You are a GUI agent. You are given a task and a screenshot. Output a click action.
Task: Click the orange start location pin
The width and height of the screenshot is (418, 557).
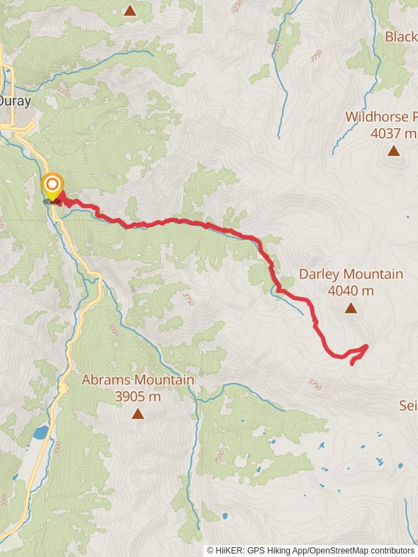[x=52, y=185]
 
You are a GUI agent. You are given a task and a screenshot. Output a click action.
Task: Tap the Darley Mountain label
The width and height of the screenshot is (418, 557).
[x=351, y=274]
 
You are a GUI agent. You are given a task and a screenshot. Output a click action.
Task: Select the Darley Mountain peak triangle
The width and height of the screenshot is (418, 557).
[x=351, y=308]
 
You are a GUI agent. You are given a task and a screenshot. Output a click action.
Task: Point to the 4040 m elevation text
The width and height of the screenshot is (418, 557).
[x=351, y=290]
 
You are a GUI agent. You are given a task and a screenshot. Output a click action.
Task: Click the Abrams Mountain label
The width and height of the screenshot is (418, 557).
[x=138, y=380]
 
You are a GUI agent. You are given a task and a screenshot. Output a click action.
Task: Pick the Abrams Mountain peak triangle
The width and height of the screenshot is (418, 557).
[x=138, y=414]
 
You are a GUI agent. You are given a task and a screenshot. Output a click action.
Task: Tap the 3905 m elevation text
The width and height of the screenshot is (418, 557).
[x=138, y=396]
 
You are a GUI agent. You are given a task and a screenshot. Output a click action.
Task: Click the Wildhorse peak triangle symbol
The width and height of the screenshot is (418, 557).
[x=394, y=150]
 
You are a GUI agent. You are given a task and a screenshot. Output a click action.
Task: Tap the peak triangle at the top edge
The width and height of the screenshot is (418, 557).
[x=130, y=10]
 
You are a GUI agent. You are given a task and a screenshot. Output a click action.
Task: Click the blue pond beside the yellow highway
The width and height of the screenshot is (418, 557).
[x=40, y=432]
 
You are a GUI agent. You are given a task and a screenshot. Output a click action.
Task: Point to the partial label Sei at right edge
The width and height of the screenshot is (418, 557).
[x=408, y=405]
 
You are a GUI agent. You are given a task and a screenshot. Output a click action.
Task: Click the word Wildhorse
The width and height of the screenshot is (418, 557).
[x=376, y=117]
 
